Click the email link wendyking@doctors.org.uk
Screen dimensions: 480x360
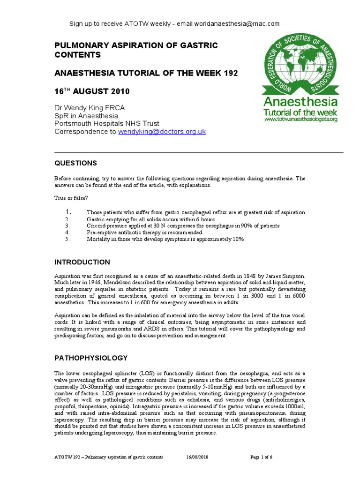coord(162,132)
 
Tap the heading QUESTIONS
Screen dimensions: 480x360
coord(76,163)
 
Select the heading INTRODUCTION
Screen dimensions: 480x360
coord(82,262)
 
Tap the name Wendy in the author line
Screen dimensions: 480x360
coord(75,108)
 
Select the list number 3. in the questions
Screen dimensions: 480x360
coord(67,225)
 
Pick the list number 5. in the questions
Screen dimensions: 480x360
coord(67,239)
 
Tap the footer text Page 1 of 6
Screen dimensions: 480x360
coord(265,456)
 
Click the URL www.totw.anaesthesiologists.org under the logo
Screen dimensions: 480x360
coord(301,120)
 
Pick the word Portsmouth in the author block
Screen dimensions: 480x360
coord(71,124)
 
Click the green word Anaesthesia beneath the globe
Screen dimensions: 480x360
coord(300,102)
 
